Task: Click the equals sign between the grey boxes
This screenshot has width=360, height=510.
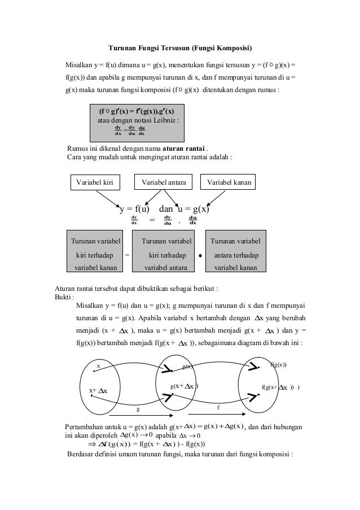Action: [126, 255]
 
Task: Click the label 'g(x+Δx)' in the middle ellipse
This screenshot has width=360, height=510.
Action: [184, 386]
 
